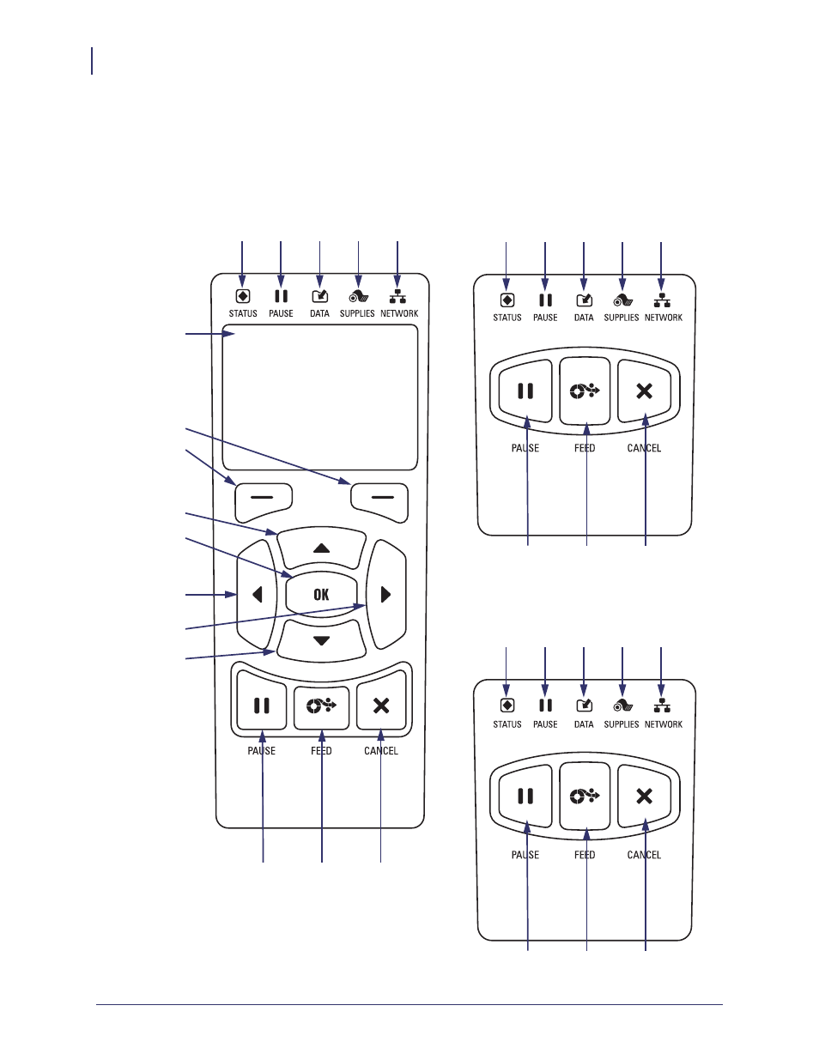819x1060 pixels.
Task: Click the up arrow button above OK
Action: click(x=321, y=548)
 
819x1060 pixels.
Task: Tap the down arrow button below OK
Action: click(x=321, y=641)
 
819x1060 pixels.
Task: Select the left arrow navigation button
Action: click(x=257, y=595)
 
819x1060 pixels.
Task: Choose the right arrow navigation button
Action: click(x=386, y=595)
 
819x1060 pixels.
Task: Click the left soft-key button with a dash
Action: click(x=264, y=501)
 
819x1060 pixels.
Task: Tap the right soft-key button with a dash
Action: click(x=380, y=501)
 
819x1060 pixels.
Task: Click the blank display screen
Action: click(x=320, y=397)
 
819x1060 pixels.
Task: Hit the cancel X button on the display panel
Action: click(x=381, y=706)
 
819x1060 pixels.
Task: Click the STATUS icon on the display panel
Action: click(x=242, y=296)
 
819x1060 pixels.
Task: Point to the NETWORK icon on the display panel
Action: click(x=398, y=296)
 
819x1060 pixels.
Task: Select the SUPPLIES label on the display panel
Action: click(x=357, y=313)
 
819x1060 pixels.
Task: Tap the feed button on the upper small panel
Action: click(x=585, y=391)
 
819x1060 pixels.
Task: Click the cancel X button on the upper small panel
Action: click(x=645, y=391)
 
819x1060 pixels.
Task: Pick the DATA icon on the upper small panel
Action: click(x=585, y=300)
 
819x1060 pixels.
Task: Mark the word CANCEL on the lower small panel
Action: click(x=644, y=855)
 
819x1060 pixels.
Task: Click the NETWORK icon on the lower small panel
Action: click(x=661, y=706)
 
